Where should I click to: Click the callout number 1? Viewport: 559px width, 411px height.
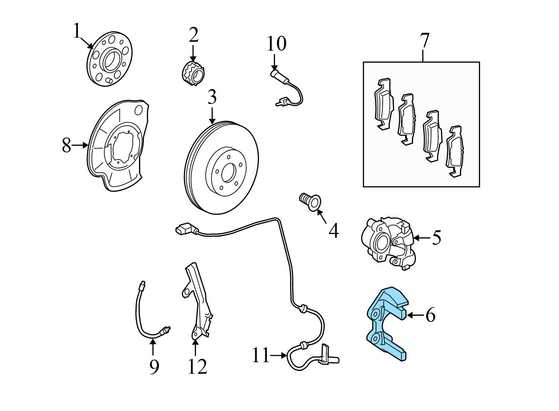(77, 31)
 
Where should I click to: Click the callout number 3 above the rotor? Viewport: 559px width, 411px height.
(212, 98)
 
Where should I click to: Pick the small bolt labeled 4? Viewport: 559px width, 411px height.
(309, 202)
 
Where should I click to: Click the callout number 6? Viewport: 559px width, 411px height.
(430, 315)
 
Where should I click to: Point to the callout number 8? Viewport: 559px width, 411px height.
(66, 146)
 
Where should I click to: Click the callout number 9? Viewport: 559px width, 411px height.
(154, 367)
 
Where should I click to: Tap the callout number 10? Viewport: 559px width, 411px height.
(277, 44)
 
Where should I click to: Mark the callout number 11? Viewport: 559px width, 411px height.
(260, 355)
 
